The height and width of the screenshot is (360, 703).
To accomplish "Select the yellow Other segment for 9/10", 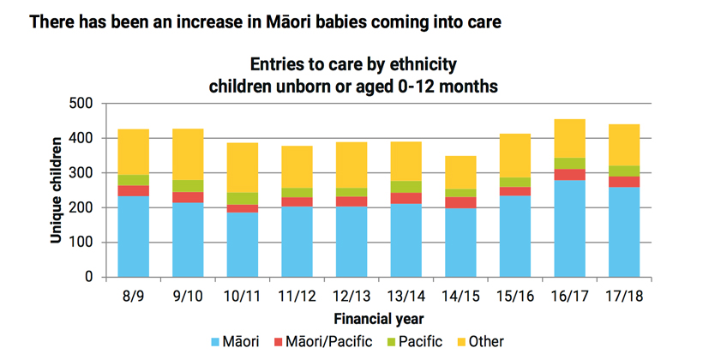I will (189, 154).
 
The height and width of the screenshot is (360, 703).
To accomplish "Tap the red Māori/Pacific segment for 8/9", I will (133, 191).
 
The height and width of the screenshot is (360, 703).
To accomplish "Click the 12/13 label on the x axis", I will (351, 296).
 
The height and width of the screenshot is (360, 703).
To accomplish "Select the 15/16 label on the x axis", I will (514, 296).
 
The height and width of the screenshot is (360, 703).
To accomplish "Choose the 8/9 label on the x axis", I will (133, 296).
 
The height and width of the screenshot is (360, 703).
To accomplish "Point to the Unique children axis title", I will (56, 190).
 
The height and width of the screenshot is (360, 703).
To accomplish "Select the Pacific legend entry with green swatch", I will (416, 342).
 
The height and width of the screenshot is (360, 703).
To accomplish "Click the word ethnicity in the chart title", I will (421, 64).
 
